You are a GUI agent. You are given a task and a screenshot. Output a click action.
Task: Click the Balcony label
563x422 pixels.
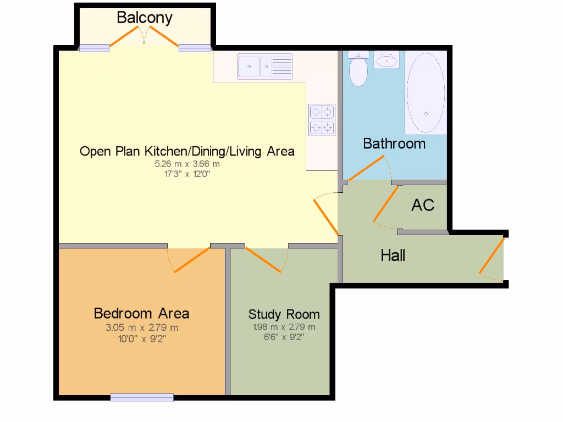[145, 18]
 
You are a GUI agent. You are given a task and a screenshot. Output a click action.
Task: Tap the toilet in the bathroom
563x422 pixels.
[359, 70]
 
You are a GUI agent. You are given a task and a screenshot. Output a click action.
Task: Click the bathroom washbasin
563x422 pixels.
[387, 60]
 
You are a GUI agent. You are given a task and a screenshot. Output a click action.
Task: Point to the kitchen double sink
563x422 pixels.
[266, 66]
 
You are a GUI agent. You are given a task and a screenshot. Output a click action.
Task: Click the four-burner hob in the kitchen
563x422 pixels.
[322, 120]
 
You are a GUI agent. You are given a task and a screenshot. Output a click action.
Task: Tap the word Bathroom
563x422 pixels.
[394, 144]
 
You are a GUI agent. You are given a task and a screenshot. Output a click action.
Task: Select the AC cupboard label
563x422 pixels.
[423, 206]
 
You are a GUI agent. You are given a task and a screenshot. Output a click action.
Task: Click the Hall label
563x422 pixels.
[393, 256]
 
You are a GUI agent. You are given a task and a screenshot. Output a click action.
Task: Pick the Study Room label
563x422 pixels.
[284, 314]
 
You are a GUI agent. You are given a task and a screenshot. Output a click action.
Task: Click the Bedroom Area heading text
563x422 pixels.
[141, 313]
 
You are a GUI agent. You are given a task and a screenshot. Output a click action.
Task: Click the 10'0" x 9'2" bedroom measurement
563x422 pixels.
[142, 338]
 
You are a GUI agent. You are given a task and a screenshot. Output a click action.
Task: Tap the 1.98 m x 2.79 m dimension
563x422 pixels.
[284, 327]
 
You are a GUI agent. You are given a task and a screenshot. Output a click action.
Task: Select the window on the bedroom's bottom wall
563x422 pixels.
[142, 397]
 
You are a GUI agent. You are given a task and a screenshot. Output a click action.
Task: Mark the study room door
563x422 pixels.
[264, 259]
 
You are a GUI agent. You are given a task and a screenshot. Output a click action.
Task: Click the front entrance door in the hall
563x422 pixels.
[492, 256]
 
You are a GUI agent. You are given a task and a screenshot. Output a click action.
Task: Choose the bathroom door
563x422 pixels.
[367, 169]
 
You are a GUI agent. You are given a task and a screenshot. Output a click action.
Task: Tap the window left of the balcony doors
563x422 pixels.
[94, 48]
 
